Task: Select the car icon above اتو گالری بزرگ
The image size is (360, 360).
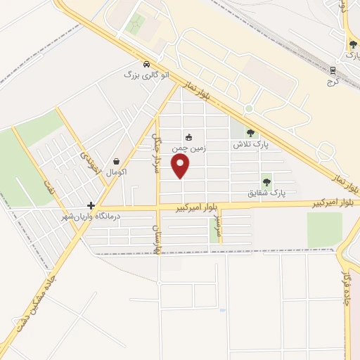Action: coord(146,62)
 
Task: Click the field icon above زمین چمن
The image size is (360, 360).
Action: coord(188,136)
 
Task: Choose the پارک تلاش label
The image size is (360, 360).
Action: coord(251,144)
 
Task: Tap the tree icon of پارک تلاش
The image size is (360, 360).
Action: coord(251,132)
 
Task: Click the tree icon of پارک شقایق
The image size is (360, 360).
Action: coord(266,179)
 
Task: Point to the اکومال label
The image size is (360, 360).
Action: coord(115,172)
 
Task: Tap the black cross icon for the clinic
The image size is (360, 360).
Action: coord(91,206)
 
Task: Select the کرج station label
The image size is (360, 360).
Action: coord(333,82)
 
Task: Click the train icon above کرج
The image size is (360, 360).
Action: coord(333,70)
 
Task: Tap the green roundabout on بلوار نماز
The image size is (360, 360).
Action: coord(248,109)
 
